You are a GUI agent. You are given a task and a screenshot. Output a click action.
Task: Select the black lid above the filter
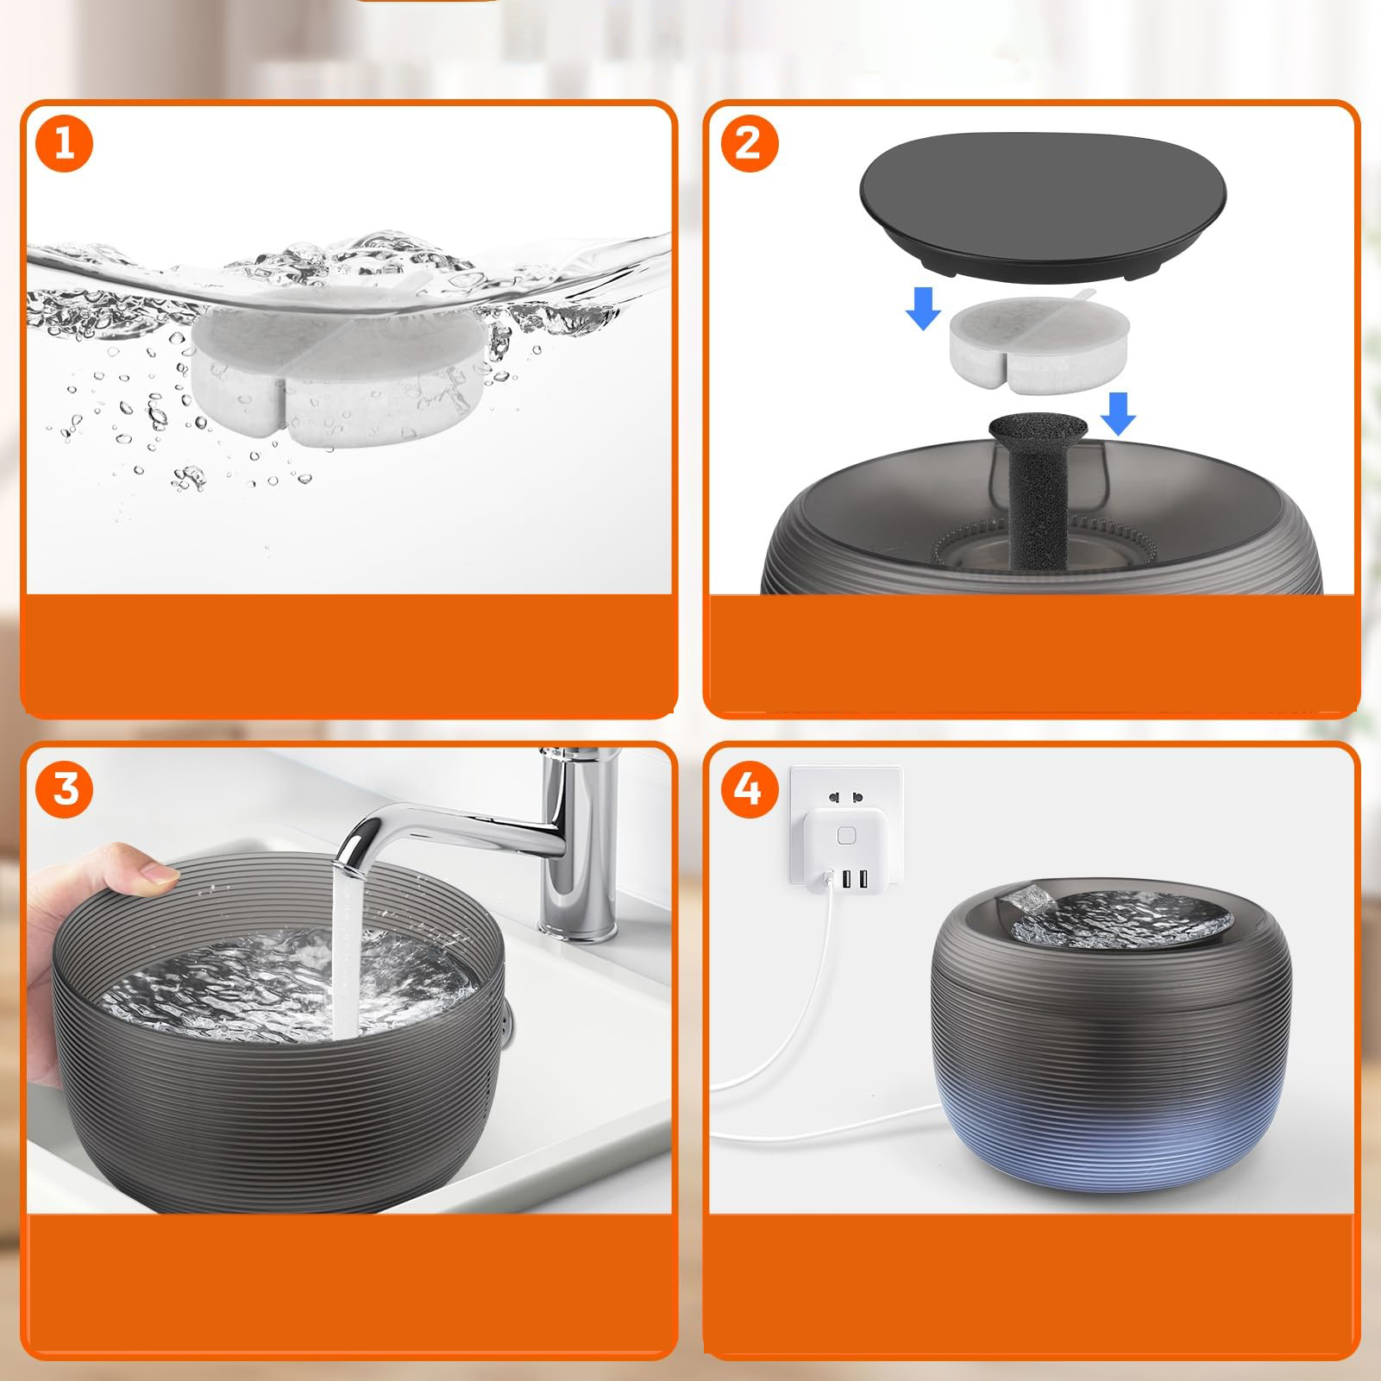coord(1043,204)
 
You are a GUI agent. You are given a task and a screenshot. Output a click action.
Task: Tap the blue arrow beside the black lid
coord(923,307)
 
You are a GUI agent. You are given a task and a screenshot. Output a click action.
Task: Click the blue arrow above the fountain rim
coord(1118,413)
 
